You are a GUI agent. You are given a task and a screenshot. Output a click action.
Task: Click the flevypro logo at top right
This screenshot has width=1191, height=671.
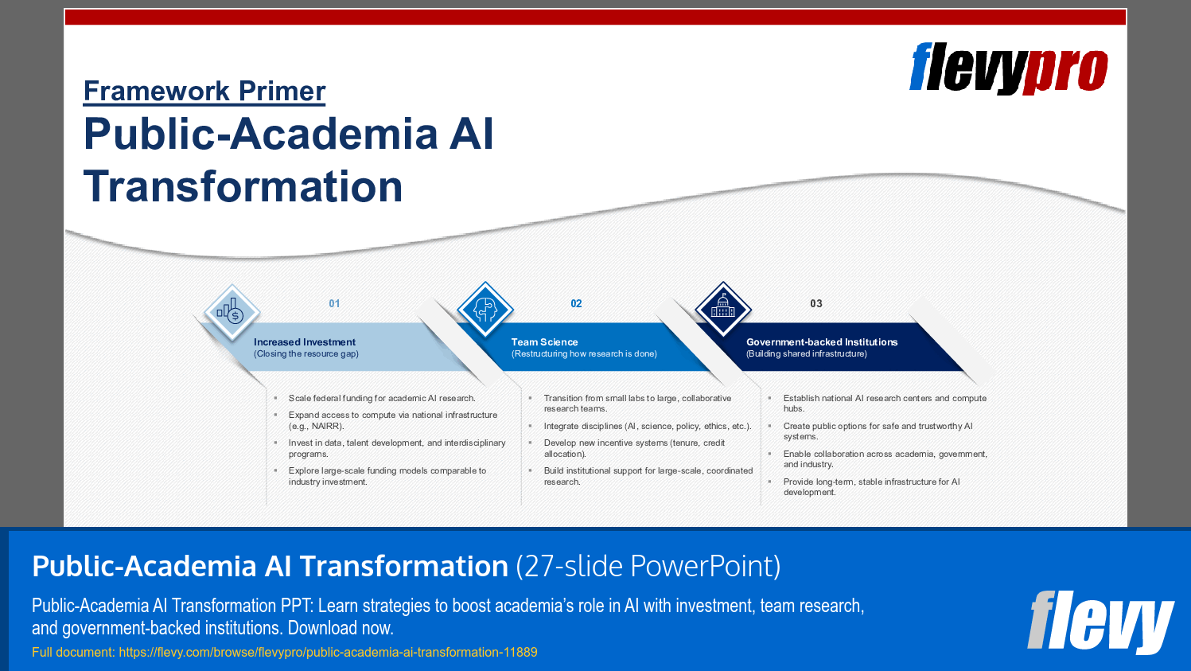1008,68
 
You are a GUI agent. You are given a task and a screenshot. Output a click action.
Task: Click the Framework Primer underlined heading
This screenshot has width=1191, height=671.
204,92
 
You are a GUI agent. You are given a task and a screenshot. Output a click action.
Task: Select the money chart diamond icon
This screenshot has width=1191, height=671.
232,312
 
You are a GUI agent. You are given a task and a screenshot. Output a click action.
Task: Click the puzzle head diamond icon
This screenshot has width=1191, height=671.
485,309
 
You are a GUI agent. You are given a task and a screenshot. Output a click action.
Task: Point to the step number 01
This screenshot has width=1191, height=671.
334,304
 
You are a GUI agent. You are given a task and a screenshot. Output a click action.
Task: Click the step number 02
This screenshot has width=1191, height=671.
576,304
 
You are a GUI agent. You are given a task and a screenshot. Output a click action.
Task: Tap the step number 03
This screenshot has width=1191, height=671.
815,304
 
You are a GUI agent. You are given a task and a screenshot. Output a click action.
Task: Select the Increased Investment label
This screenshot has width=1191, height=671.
305,342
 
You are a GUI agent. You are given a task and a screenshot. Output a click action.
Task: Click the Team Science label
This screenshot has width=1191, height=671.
544,342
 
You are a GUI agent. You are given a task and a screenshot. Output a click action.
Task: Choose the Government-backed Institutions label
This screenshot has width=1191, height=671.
821,342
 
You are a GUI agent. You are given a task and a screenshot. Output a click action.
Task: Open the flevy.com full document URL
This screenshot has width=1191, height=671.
328,653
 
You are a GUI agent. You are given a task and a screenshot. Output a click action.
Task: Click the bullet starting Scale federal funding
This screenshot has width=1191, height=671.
381,399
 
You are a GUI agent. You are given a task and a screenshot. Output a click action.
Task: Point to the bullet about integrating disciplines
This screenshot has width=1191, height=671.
647,427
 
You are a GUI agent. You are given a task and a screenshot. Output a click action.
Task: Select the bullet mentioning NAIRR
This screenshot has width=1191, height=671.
392,420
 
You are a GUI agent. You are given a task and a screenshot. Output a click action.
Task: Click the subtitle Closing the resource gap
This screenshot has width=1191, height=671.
306,354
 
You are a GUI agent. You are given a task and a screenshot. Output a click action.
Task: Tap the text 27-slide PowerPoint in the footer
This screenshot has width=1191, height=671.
648,567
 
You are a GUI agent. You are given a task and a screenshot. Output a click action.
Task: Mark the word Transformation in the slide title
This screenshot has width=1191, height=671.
243,187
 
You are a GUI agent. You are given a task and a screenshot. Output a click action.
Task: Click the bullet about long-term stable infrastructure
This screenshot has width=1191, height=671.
871,487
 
